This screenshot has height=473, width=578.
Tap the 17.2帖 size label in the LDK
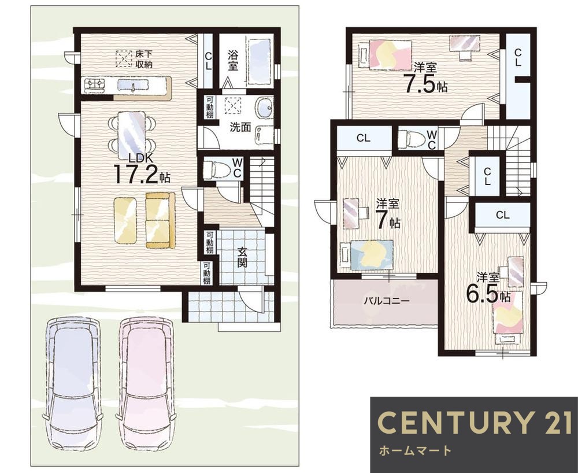click(x=142, y=175)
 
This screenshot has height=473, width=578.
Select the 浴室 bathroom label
click(x=232, y=61)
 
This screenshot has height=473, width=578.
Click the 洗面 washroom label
click(x=240, y=128)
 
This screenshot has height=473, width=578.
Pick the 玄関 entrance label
click(x=242, y=257)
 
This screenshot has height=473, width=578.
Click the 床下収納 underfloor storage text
click(x=143, y=60)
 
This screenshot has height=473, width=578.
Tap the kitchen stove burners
click(x=94, y=86)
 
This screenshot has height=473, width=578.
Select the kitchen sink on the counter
click(x=133, y=86)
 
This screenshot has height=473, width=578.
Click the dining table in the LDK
click(x=131, y=132)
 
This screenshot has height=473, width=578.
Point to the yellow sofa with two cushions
click(x=160, y=220)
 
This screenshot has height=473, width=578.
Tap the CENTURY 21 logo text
click(x=475, y=423)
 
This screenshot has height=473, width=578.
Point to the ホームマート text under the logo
click(x=415, y=450)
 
